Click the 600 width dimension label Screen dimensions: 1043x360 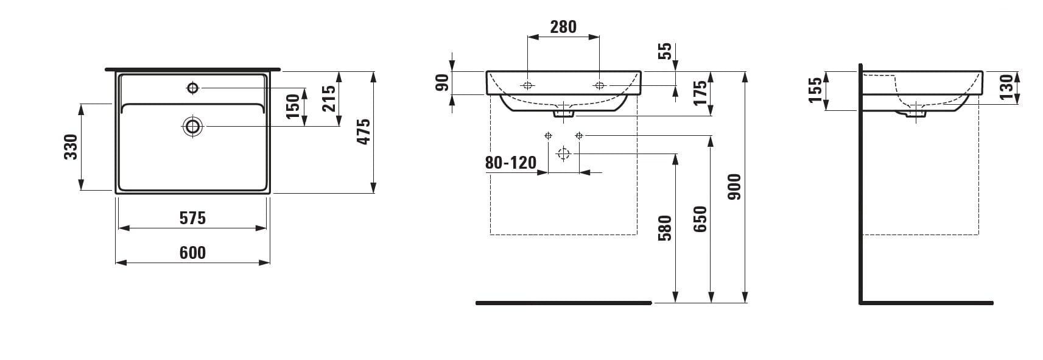point(192,253)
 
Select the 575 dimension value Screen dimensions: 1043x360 point(192,218)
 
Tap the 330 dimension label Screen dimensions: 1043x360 point(71,147)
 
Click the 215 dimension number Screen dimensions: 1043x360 point(329,98)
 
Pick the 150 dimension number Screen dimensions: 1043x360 point(293,106)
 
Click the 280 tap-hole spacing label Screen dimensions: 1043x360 point(563,27)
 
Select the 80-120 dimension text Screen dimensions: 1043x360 point(511,163)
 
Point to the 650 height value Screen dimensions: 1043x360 point(700,219)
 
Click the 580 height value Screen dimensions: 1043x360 point(665,228)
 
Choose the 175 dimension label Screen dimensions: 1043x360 point(700,93)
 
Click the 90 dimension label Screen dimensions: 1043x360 point(442,82)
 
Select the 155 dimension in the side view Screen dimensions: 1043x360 point(815,90)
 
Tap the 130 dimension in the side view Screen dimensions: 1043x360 point(1006,87)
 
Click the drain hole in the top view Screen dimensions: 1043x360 point(193,126)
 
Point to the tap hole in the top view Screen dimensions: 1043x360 point(193,88)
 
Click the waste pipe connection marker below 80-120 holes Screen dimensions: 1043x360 point(563,154)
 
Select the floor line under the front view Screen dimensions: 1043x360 point(563,303)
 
